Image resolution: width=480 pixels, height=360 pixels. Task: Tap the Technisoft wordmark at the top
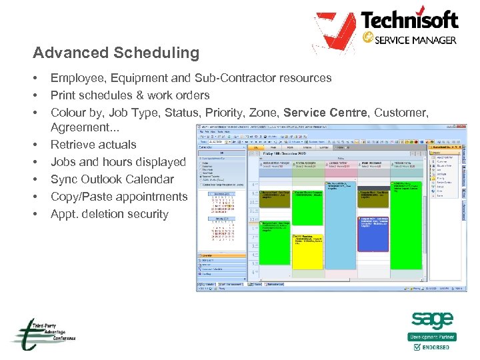pyautogui.click(x=409, y=20)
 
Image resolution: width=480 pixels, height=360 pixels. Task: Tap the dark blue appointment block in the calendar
pyautogui.click(x=373, y=233)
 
